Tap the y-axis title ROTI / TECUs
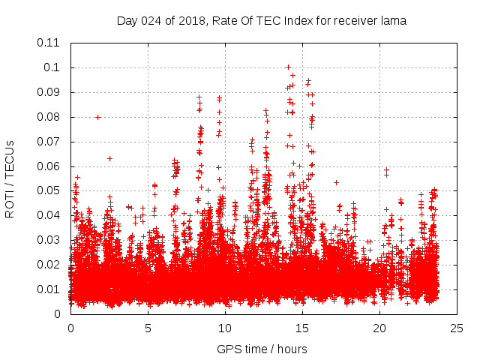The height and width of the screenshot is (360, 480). coord(10,180)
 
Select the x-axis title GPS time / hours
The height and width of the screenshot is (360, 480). coord(262,349)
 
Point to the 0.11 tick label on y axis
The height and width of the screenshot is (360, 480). coord(49,43)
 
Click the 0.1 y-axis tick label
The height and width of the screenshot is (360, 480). coord(54,67)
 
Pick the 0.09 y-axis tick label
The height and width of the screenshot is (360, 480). coord(49,92)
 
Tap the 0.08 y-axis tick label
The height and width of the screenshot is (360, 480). coord(49,117)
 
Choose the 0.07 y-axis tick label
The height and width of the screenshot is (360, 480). coord(49,141)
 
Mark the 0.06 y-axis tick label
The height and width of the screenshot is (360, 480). coord(49,166)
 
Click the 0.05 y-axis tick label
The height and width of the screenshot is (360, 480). coord(49,190)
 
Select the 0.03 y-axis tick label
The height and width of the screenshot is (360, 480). coord(49,240)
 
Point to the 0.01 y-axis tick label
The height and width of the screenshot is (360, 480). coord(49,289)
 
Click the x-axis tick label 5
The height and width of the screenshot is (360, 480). coord(148,328)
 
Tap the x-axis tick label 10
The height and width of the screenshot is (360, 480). coord(225,328)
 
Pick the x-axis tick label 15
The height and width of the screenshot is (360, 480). coord(302,328)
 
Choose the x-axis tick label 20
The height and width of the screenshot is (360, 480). coord(379,328)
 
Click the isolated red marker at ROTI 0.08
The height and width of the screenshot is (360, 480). coord(98,117)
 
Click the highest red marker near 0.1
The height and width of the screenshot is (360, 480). coord(288,67)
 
